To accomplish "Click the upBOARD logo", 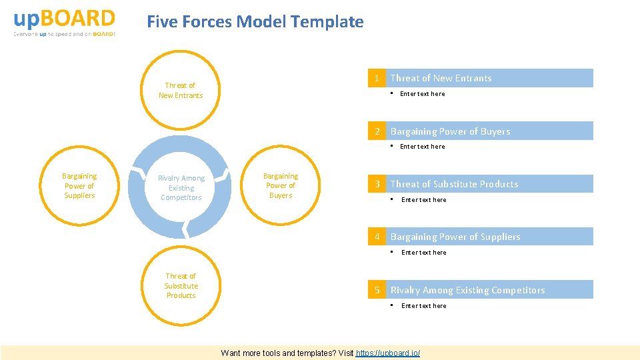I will pyautogui.click(x=64, y=22).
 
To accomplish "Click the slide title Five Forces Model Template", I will pyautogui.click(x=255, y=22).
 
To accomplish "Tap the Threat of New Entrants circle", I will pyautogui.click(x=181, y=91).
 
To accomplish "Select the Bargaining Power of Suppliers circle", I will pyautogui.click(x=79, y=186).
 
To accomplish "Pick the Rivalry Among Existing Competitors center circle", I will pyautogui.click(x=181, y=188).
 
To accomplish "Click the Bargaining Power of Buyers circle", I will pyautogui.click(x=281, y=186).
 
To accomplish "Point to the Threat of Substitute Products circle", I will pyautogui.click(x=181, y=286).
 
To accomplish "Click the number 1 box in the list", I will pyautogui.click(x=377, y=79).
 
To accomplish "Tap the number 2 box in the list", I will pyautogui.click(x=377, y=131).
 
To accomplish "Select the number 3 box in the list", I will pyautogui.click(x=377, y=184).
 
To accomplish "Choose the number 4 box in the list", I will pyautogui.click(x=377, y=237).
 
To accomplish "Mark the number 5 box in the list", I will pyautogui.click(x=377, y=290).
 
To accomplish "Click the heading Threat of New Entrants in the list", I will pyautogui.click(x=441, y=79).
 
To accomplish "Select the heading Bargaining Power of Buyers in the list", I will pyautogui.click(x=450, y=131).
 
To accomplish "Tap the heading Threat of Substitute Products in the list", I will pyautogui.click(x=454, y=184).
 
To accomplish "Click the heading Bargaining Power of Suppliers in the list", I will pyautogui.click(x=455, y=237).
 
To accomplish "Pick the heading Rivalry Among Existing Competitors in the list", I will pyautogui.click(x=467, y=290).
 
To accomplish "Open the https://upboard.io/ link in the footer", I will pyautogui.click(x=388, y=353).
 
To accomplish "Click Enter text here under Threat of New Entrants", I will pyautogui.click(x=422, y=94).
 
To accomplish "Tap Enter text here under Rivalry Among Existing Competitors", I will pyautogui.click(x=424, y=306).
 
